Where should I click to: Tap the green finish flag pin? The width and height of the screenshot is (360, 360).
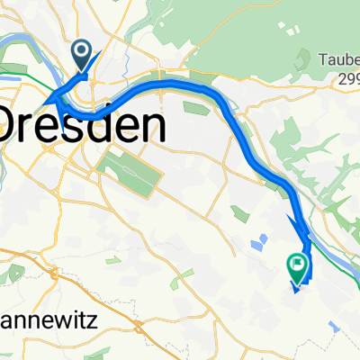[x=296, y=265]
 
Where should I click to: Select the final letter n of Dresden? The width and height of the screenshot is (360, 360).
[x=154, y=125]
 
